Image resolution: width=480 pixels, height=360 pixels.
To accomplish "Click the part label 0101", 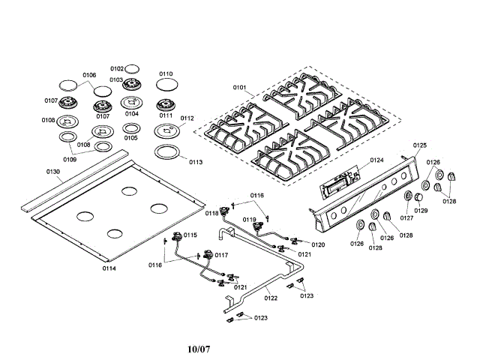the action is click(239, 88).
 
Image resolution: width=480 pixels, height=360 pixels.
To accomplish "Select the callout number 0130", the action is click(53, 172).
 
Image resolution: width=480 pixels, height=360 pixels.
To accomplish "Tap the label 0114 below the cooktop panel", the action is click(109, 268).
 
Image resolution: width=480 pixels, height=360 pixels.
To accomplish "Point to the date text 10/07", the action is click(199, 349).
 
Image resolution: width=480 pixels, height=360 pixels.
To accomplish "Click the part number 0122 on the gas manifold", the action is click(271, 298).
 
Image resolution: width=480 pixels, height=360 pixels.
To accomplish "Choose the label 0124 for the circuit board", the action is click(376, 160).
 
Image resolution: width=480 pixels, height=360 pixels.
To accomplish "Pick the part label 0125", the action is click(420, 145).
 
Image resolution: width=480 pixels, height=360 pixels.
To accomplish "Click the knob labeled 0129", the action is click(418, 197).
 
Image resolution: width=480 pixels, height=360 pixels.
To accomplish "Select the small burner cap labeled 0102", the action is click(132, 69).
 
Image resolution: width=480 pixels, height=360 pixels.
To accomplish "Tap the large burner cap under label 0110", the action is click(166, 85).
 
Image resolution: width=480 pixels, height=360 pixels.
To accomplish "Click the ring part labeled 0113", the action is click(166, 152).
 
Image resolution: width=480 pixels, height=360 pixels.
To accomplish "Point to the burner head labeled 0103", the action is click(132, 84).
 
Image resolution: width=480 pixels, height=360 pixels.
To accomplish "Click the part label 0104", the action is click(132, 114).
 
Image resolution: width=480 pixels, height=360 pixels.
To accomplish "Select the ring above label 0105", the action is click(131, 128).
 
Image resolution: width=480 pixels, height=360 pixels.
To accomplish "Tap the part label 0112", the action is click(187, 118).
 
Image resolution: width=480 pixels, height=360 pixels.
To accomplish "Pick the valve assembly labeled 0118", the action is click(224, 211).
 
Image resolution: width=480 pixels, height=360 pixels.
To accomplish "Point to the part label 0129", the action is click(421, 211).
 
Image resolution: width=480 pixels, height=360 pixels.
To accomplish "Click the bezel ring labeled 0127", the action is click(408, 196).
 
